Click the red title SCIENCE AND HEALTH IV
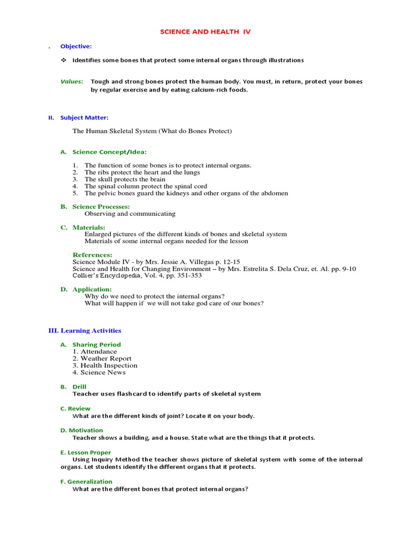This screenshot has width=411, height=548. (x=205, y=32)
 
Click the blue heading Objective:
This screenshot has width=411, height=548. (x=76, y=47)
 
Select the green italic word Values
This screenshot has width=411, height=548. (x=71, y=82)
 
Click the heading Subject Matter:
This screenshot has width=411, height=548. (x=84, y=118)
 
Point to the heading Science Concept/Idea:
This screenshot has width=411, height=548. (x=109, y=152)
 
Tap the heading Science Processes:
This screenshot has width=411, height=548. (x=101, y=207)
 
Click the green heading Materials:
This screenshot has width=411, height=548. (x=89, y=227)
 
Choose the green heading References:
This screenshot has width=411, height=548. (x=93, y=255)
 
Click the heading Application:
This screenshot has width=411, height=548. (x=92, y=290)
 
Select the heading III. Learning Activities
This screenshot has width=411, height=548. (x=85, y=331)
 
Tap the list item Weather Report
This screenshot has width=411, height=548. (x=106, y=359)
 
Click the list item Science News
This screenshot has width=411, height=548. (x=103, y=372)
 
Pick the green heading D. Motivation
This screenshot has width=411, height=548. (x=81, y=430)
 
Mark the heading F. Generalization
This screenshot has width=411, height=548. (x=86, y=482)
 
